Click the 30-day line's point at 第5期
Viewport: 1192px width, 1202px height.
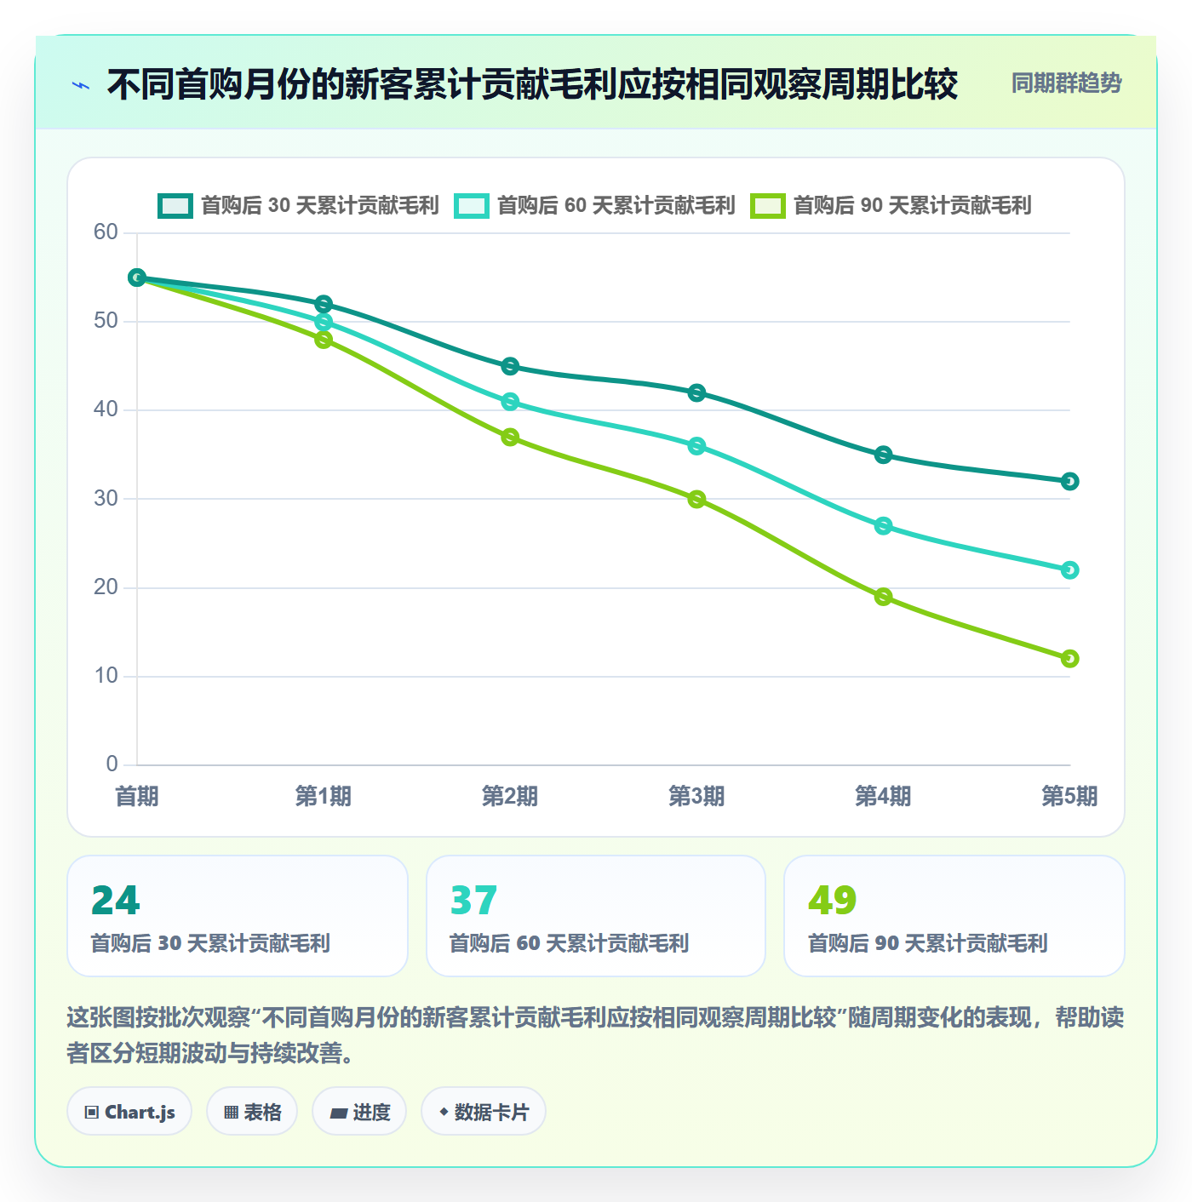pos(1069,482)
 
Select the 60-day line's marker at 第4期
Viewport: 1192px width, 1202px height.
pos(882,526)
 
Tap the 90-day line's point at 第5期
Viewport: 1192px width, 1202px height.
pos(1069,659)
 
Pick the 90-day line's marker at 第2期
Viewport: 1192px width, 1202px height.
pos(510,438)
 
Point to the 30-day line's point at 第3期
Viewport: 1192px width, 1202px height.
pos(696,393)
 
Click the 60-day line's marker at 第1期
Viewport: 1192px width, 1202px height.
pos(324,322)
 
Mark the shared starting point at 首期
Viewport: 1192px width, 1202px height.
pos(137,278)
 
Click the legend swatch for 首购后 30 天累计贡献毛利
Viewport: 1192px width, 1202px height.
pos(175,206)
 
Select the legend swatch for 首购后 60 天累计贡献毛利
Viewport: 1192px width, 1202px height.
pos(471,206)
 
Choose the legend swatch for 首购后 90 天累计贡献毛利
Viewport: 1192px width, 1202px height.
pos(768,206)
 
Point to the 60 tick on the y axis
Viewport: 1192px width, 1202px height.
pos(106,232)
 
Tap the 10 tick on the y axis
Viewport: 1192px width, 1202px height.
pos(106,676)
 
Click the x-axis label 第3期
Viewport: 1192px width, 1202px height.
pos(696,796)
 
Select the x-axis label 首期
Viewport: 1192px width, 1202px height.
pos(137,796)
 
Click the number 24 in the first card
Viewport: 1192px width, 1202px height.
pos(116,900)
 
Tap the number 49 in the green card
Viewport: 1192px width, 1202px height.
pos(833,900)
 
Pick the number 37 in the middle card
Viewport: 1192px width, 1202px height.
pos(473,900)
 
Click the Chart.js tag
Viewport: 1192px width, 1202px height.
pos(129,1112)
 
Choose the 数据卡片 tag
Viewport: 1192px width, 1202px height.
pos(483,1112)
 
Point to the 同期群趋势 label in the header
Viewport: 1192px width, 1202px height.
pos(1066,83)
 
